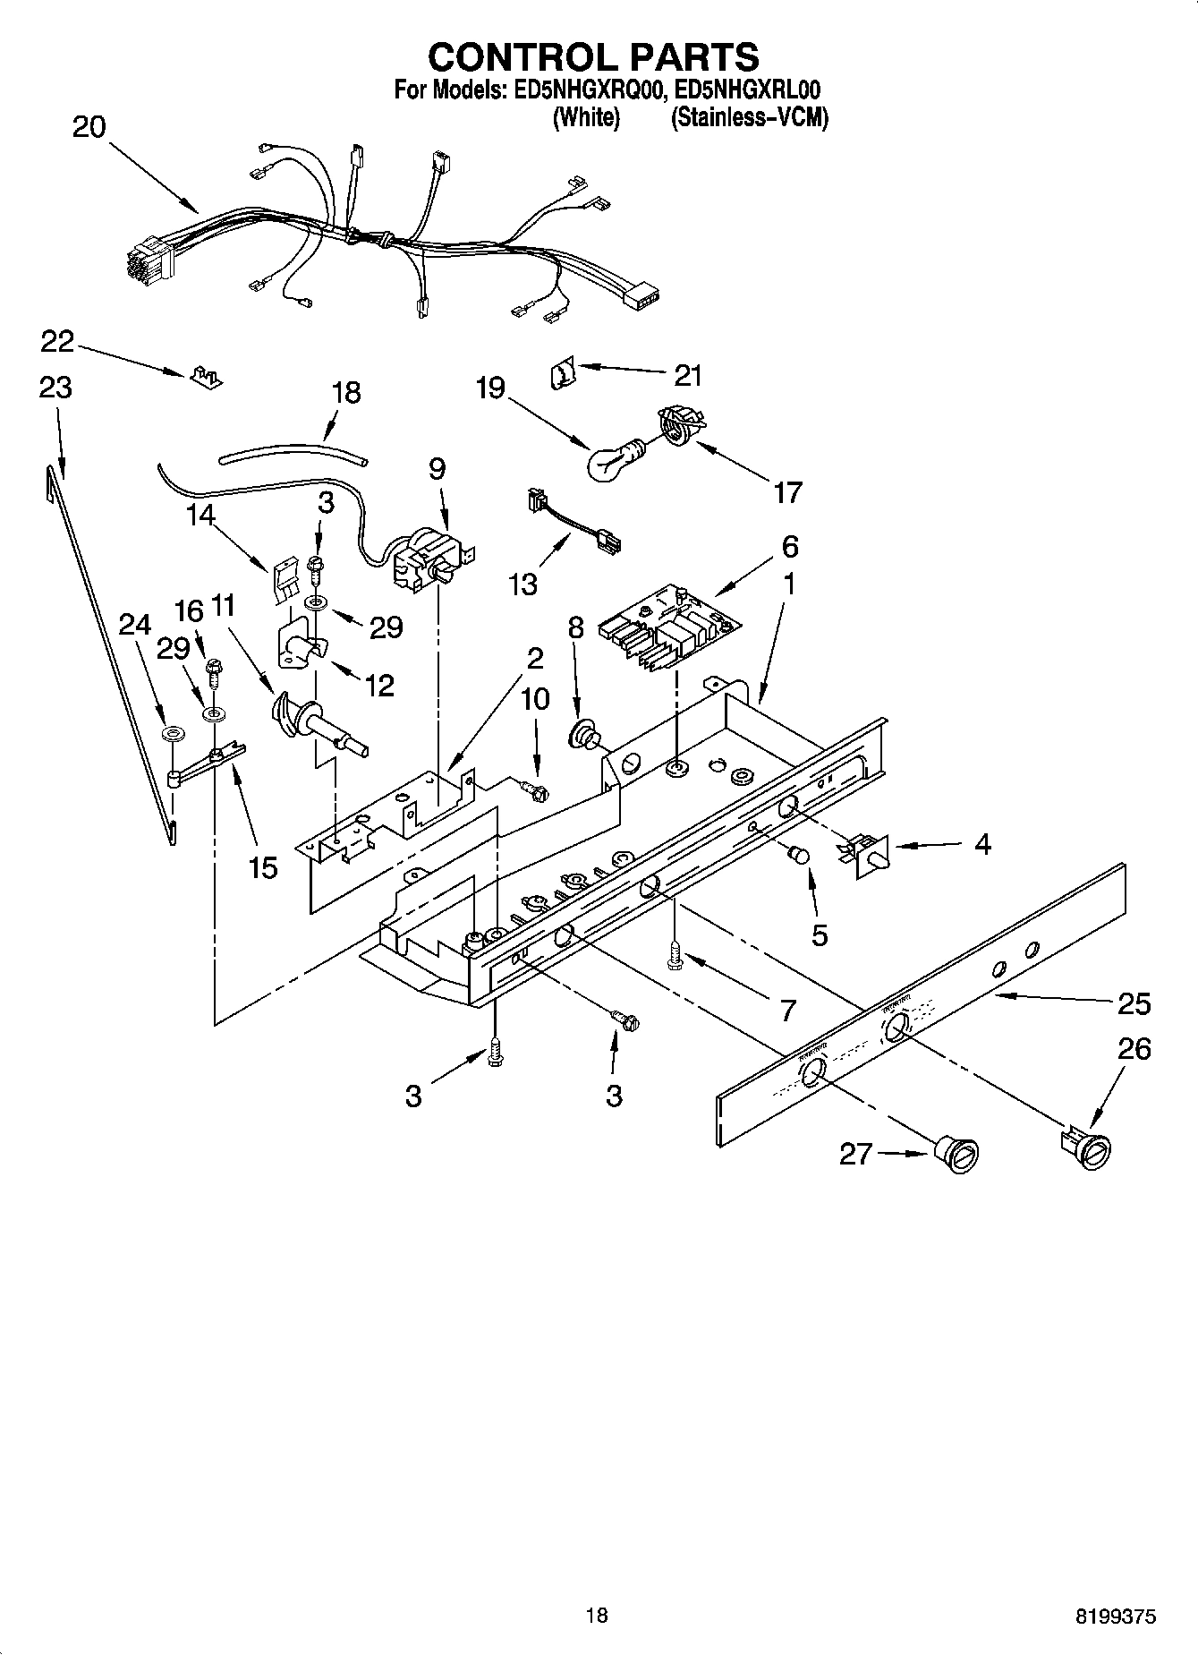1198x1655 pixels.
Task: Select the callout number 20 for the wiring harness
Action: tap(89, 127)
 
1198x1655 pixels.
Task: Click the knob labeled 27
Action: tap(956, 1153)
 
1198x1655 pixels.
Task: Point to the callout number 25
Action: tap(1134, 1004)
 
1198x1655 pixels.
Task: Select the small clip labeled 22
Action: tap(205, 377)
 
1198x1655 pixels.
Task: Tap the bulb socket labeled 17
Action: tap(679, 423)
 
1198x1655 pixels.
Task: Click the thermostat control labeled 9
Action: tap(429, 559)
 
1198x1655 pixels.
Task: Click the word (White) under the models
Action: tap(586, 117)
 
